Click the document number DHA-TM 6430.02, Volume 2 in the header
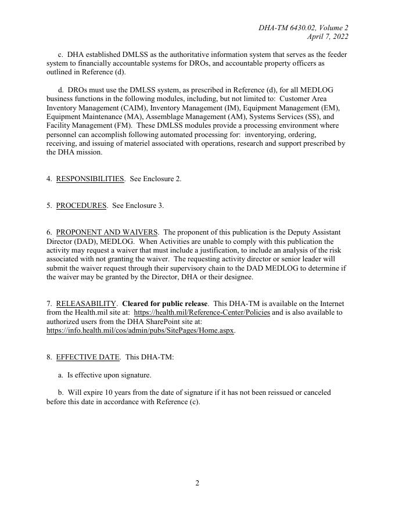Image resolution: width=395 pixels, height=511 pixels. click(x=303, y=28)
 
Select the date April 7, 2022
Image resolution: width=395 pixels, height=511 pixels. click(x=328, y=37)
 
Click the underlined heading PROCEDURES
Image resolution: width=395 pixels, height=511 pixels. click(x=81, y=206)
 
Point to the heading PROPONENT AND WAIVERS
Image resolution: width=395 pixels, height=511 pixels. click(x=107, y=232)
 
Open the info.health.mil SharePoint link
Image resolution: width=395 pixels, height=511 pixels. click(x=140, y=330)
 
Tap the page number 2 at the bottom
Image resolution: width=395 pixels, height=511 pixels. click(x=198, y=483)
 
